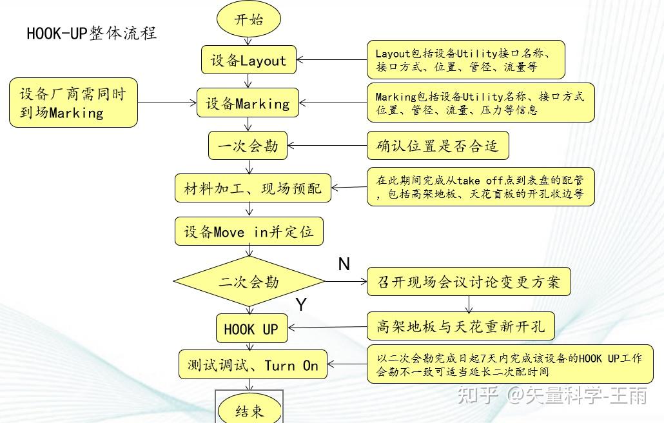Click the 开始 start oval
[x=249, y=19]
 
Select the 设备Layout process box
[x=248, y=60]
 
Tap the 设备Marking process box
[x=248, y=103]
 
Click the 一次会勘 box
[x=248, y=145]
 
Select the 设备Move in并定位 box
[x=249, y=231]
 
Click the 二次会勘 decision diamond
[x=249, y=281]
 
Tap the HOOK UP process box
[x=251, y=329]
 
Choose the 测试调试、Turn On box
[x=253, y=365]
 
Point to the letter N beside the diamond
[x=344, y=264]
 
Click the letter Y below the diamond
[x=301, y=304]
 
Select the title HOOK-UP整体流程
[x=92, y=33]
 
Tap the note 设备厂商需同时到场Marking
[x=73, y=103]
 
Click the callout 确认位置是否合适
[x=438, y=146]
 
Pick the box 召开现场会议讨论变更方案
[x=469, y=282]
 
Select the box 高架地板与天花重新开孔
[x=461, y=327]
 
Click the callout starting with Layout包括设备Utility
[x=466, y=60]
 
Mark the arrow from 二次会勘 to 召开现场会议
[x=346, y=281]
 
